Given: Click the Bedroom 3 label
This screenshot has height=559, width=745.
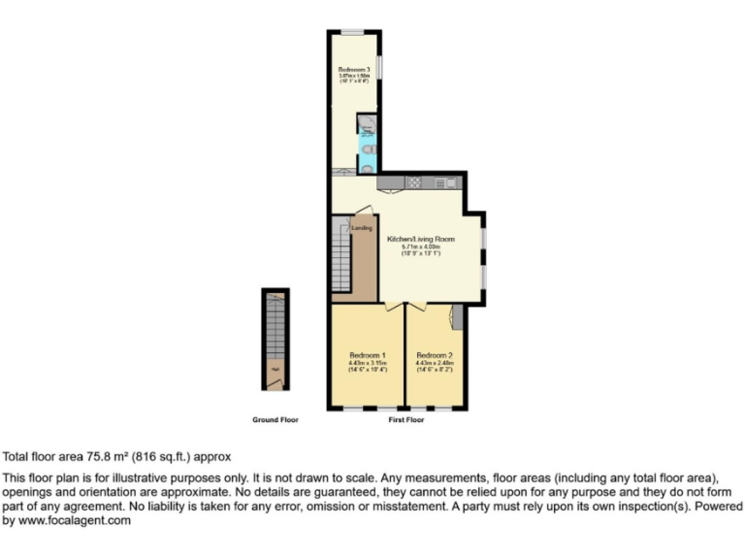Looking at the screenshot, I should [355, 70].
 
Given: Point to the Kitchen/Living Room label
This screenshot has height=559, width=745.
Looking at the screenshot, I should [421, 238].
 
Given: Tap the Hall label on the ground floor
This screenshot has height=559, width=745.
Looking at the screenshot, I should [275, 369].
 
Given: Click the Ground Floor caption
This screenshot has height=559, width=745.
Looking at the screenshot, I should [275, 420].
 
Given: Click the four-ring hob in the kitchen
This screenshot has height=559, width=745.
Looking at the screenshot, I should [413, 181].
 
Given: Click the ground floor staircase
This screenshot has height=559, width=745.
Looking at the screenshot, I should [275, 325].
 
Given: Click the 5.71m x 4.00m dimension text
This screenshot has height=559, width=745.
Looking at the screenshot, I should [421, 247].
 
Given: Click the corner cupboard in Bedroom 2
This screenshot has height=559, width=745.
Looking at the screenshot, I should [457, 314].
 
